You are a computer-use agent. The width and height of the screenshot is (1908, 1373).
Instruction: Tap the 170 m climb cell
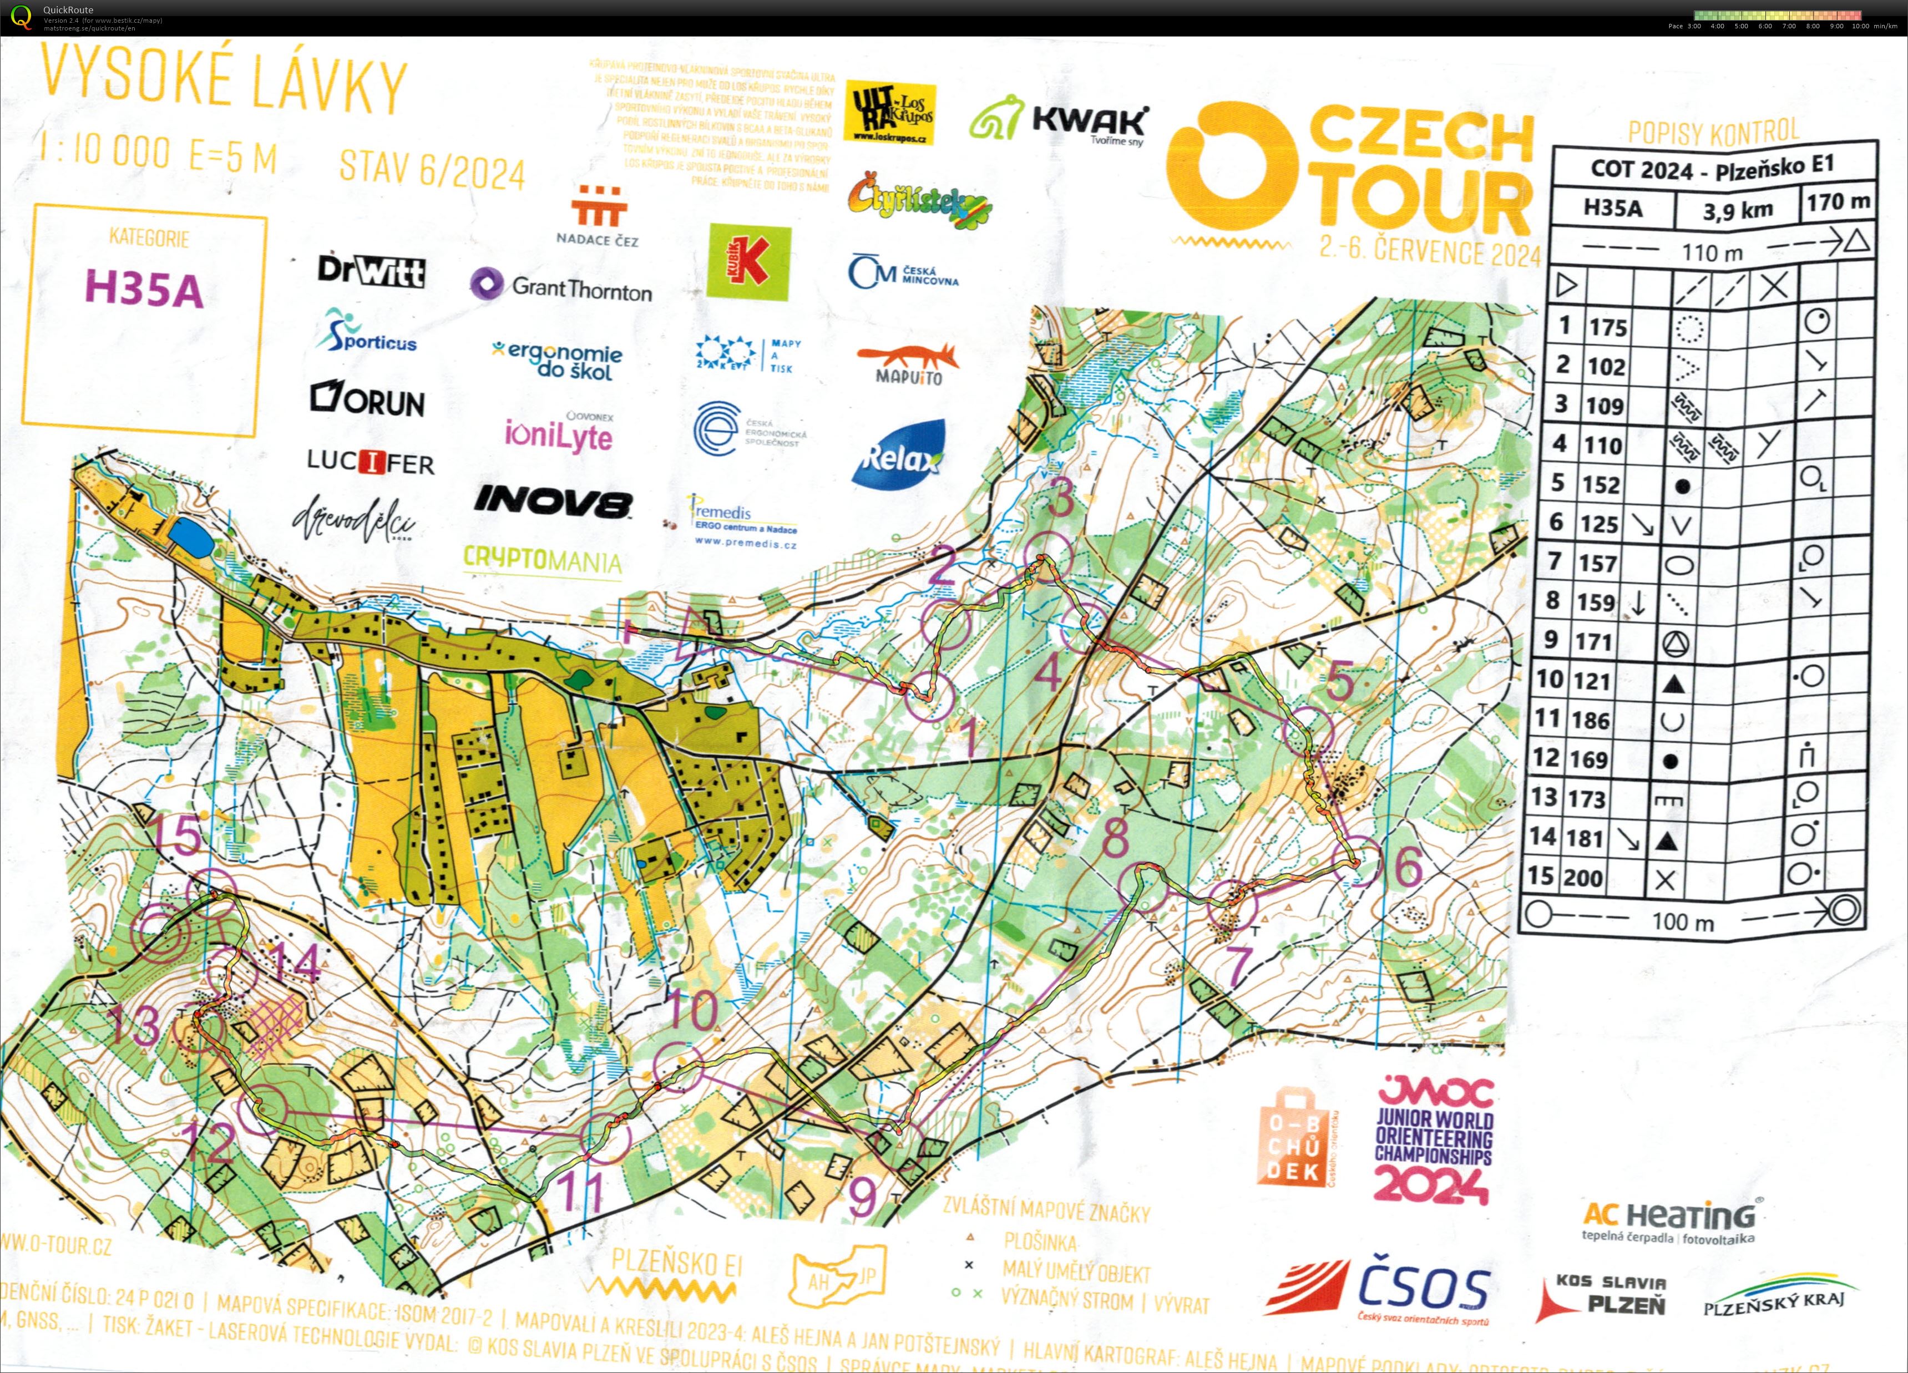(1838, 202)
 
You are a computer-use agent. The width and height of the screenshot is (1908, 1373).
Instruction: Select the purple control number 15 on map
(178, 835)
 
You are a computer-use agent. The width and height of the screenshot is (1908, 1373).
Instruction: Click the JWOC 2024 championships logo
(1434, 1140)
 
